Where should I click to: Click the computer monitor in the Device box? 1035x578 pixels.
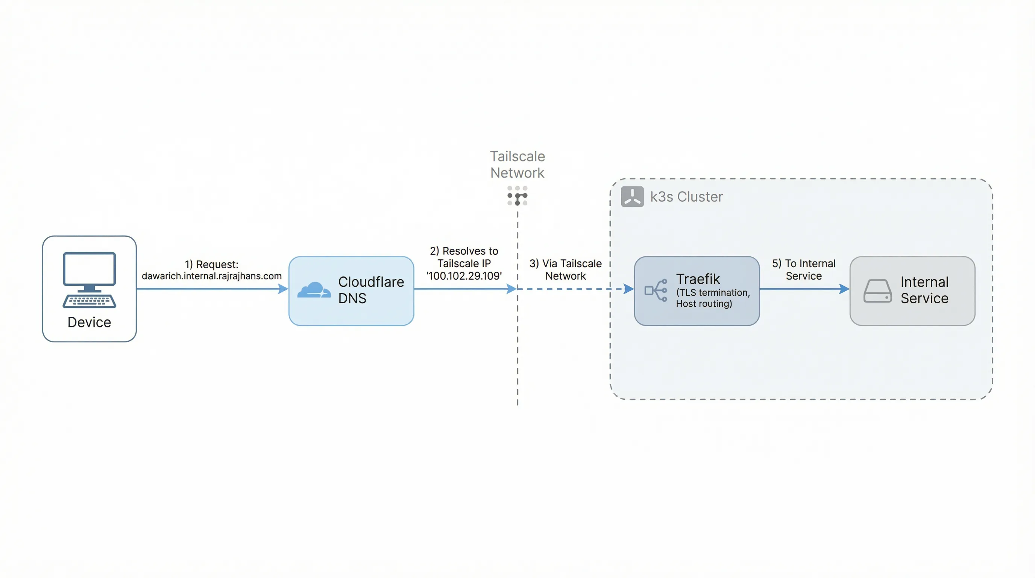[89, 269]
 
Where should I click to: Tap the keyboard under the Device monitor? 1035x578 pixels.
[89, 301]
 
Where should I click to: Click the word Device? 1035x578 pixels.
[89, 322]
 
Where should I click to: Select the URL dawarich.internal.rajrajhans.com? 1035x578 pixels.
[211, 276]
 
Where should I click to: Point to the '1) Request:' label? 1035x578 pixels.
[211, 264]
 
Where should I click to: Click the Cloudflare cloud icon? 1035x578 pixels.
[314, 290]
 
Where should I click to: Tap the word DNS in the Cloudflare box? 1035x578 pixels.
[352, 298]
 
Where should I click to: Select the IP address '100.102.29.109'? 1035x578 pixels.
[464, 276]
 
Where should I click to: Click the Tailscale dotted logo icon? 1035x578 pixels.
[517, 196]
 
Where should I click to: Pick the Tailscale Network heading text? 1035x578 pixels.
[517, 164]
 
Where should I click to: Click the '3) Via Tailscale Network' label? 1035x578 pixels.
[565, 269]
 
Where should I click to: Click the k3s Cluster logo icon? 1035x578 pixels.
[632, 196]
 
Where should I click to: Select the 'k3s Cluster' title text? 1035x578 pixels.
[686, 196]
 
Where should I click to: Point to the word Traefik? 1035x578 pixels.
[698, 278]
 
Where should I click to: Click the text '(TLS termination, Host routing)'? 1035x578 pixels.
[712, 298]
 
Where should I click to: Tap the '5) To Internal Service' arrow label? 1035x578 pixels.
[804, 269]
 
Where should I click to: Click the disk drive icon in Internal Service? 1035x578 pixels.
[877, 291]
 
